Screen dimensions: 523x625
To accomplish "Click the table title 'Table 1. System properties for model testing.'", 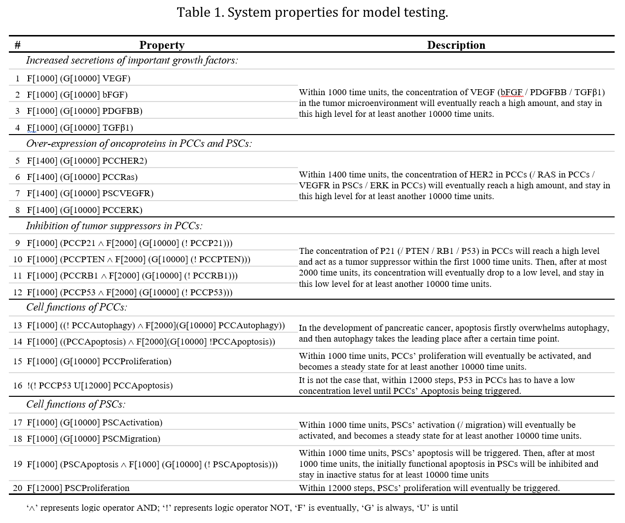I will coord(312,12).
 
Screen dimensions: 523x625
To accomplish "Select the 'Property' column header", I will coord(162,45).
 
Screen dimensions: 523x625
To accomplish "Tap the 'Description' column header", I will coord(456,45).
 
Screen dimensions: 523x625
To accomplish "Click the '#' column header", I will coord(18,45).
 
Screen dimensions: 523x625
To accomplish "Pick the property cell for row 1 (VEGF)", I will coord(78,78).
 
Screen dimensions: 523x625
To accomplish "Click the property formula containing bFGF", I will coord(77,95).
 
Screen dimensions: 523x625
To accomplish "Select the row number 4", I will coord(18,128).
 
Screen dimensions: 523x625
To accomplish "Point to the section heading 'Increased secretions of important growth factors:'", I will coord(132,60).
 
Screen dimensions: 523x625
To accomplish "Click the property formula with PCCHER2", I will coord(87,161).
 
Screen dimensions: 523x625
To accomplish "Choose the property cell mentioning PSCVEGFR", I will coord(90,193).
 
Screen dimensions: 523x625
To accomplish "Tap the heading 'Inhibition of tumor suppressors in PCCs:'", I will coord(114,226).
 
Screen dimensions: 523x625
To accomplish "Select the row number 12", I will coord(18,292).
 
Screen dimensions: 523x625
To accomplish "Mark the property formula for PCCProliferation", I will coord(99,361).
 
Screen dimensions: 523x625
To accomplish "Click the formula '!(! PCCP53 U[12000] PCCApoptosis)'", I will coord(100,385).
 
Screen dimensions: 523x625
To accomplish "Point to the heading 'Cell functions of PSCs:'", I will coord(75,404).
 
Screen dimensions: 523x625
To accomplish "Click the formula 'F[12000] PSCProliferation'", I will coord(78,488).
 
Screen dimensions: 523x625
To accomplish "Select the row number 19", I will coord(18,464).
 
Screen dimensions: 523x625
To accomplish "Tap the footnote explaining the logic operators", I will coord(242,508).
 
